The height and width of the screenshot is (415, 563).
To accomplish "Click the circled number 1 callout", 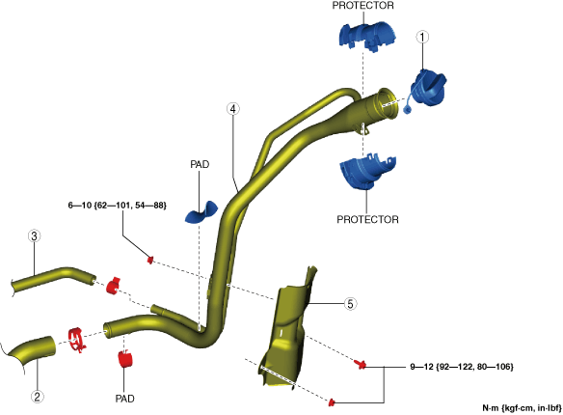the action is coord(422,37).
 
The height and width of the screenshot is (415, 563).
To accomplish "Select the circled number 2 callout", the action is coord(37,397).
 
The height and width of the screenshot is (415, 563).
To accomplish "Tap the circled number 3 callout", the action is coord(34,236).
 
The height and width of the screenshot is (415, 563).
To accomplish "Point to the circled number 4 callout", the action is coord(233,108).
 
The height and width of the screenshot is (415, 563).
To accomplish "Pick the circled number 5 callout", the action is coord(350,304).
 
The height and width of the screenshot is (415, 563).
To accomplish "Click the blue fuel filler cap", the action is coord(427,89).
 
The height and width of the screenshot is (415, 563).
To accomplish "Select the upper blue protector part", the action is coord(366,37).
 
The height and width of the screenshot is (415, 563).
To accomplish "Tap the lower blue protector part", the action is coord(367,172).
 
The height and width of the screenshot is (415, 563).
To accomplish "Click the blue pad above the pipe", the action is coord(201,213).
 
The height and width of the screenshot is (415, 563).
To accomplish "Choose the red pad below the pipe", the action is coord(125,359).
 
